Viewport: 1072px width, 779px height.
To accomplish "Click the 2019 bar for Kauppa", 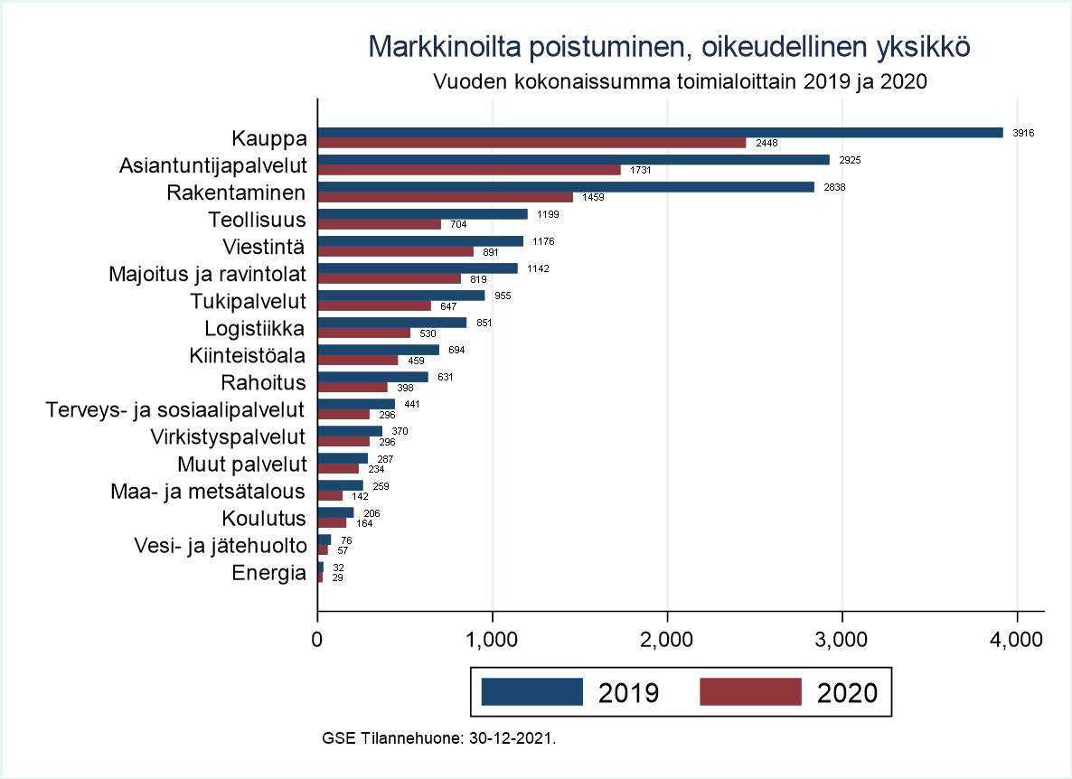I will pyautogui.click(x=660, y=133).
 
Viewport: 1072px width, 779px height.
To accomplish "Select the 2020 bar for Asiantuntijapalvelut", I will pyautogui.click(x=469, y=170).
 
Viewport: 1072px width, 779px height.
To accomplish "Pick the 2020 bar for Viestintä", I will pyautogui.click(x=395, y=252).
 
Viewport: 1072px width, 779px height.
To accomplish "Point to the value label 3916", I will pyautogui.click(x=1023, y=133).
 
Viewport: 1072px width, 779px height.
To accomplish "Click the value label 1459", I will pyautogui.click(x=593, y=198).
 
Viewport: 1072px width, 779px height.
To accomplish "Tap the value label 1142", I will pyautogui.click(x=538, y=268).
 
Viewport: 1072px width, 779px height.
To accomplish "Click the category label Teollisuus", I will pyautogui.click(x=257, y=220).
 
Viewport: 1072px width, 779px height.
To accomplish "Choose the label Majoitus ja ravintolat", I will pyautogui.click(x=207, y=274).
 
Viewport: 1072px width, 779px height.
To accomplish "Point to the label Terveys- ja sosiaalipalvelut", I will pyautogui.click(x=175, y=409).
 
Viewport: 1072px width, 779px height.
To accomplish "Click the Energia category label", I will pyautogui.click(x=269, y=572).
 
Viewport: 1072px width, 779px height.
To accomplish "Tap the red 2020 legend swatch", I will pyautogui.click(x=750, y=691).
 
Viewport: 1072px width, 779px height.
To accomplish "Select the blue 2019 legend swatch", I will pyautogui.click(x=531, y=691).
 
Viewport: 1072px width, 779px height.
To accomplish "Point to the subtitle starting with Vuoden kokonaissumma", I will pyautogui.click(x=682, y=80).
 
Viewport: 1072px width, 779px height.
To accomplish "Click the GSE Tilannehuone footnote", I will pyautogui.click(x=438, y=737).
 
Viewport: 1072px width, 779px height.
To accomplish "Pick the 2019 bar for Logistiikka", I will pyautogui.click(x=391, y=323).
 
